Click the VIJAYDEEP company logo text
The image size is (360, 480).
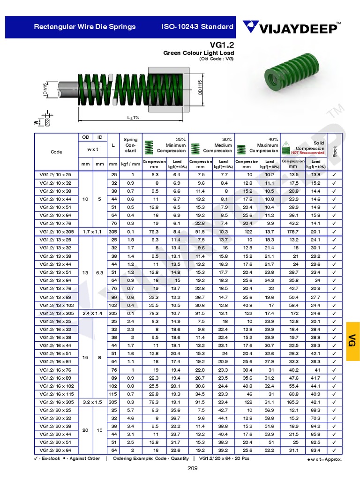click(x=296, y=29)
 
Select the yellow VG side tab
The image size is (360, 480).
click(x=352, y=341)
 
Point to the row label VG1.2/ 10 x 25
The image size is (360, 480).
click(x=56, y=174)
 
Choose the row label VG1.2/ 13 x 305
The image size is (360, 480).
click(x=56, y=313)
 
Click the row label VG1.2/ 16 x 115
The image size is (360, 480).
click(x=56, y=394)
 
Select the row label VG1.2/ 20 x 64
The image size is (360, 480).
click(x=56, y=450)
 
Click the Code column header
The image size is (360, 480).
click(x=56, y=152)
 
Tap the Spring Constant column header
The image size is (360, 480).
click(x=130, y=145)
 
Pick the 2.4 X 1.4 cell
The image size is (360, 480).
click(x=93, y=313)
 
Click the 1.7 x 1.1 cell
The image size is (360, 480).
click(x=93, y=231)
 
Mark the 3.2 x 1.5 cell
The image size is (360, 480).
click(x=93, y=402)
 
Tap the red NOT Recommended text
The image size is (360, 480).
click(x=307, y=153)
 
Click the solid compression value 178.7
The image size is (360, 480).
click(x=293, y=231)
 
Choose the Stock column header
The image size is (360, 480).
click(x=334, y=151)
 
